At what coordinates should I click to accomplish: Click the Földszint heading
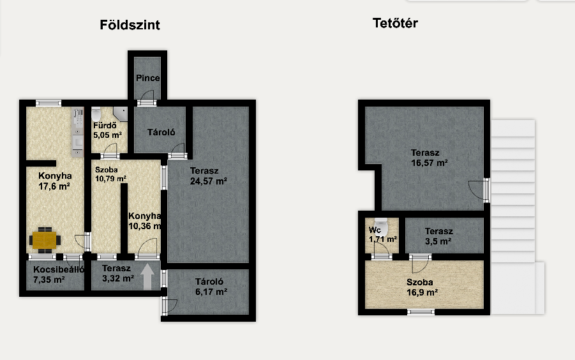coord(130,25)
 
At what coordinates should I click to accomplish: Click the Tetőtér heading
coord(395,23)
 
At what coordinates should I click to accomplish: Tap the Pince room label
coord(148,78)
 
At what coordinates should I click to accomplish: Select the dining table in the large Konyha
coord(45,240)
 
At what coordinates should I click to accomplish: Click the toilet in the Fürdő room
coord(96,114)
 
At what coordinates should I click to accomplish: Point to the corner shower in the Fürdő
coord(120,114)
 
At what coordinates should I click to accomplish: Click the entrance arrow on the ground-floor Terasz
coord(147,276)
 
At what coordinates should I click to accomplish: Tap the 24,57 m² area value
coord(208,181)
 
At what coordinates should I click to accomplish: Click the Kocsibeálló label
coord(59,269)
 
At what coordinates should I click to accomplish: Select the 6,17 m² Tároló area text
coord(211,292)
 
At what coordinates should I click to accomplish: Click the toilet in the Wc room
coord(381,227)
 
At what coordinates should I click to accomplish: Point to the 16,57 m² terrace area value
coord(429,163)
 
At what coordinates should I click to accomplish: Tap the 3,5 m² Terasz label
coord(438,236)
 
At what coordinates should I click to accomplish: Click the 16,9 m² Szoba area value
coord(422,292)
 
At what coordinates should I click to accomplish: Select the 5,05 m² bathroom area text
coord(107,135)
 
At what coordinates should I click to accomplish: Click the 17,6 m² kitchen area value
coord(54,186)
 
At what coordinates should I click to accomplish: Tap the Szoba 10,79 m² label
coord(111,174)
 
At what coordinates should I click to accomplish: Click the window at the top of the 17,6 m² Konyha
coord(49,103)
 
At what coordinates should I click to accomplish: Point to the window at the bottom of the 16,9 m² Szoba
coord(421,312)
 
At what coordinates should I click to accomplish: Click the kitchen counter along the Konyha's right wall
coord(77,132)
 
